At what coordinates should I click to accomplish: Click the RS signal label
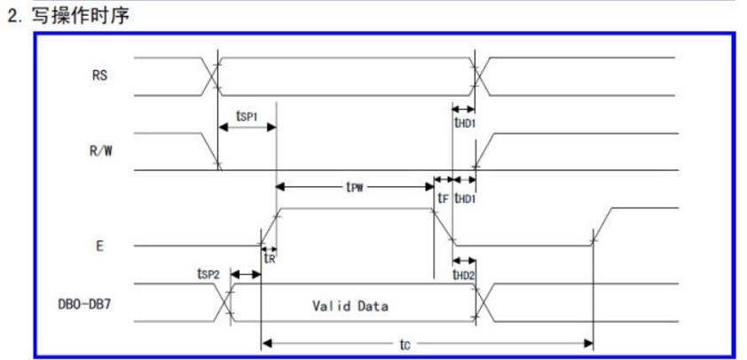click(99, 75)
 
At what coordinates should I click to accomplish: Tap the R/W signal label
click(101, 152)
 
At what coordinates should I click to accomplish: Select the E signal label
click(99, 247)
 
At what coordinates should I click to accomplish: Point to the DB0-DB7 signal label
click(85, 304)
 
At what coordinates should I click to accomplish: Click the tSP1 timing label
click(247, 115)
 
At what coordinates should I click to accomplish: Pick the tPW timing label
click(355, 187)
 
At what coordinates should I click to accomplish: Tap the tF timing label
click(443, 198)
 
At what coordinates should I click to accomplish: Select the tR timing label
click(270, 258)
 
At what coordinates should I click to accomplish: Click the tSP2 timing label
click(208, 273)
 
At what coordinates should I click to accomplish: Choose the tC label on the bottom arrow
click(405, 344)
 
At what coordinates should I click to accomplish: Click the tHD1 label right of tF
click(465, 198)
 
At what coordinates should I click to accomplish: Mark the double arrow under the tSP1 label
click(247, 127)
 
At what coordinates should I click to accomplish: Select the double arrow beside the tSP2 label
click(246, 275)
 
